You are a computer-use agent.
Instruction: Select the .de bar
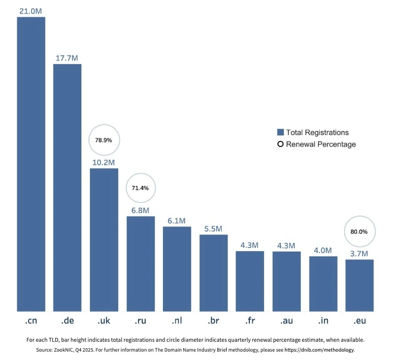(x=67, y=188)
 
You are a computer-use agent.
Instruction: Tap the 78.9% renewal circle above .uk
(x=104, y=140)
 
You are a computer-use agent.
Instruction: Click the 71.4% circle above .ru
(x=141, y=188)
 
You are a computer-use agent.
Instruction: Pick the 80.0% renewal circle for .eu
(x=359, y=231)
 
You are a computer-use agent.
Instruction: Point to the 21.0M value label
(x=31, y=11)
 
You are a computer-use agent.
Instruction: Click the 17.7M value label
(x=67, y=58)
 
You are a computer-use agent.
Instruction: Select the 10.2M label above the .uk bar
(x=104, y=162)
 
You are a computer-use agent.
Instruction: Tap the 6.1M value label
(x=177, y=220)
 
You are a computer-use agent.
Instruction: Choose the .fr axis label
(x=250, y=321)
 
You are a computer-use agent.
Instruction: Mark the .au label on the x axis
(x=286, y=321)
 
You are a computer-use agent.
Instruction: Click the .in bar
(x=323, y=284)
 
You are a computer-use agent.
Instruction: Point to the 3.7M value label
(x=359, y=253)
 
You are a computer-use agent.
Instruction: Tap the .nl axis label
(x=177, y=321)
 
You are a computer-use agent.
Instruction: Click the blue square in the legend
(x=280, y=132)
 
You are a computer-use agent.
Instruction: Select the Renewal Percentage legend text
(x=320, y=144)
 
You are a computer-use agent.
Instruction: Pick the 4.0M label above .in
(x=323, y=250)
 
